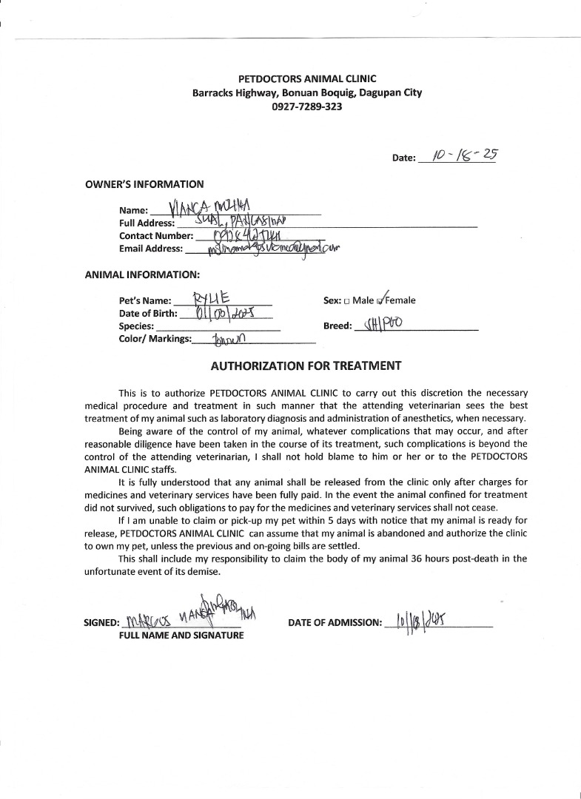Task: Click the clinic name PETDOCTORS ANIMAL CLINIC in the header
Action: tap(307, 78)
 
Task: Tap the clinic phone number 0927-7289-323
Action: tap(307, 107)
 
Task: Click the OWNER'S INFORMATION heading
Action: tap(144, 184)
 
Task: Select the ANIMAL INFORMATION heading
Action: tap(142, 274)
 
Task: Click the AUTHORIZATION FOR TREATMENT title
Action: tap(306, 365)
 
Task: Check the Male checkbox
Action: tap(346, 301)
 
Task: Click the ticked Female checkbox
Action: tap(380, 300)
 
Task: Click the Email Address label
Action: tap(151, 249)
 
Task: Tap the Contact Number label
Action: tap(155, 236)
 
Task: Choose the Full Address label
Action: tap(147, 223)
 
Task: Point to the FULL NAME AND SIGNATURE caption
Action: tap(181, 636)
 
